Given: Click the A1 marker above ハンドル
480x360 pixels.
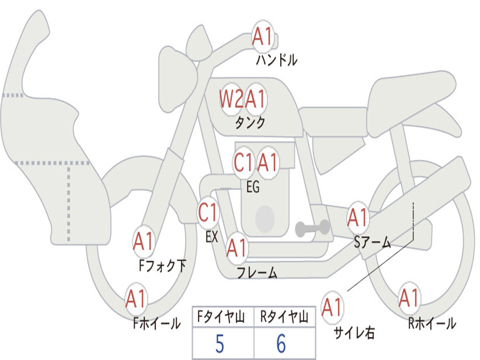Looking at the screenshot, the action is [x=262, y=37].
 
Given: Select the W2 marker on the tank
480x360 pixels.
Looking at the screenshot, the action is [x=231, y=99].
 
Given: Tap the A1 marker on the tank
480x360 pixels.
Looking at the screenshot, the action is [x=256, y=99].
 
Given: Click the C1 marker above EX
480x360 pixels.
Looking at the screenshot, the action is [x=208, y=213].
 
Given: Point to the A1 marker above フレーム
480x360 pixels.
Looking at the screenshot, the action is [x=237, y=247].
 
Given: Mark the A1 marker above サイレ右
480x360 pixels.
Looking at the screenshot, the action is [x=332, y=308].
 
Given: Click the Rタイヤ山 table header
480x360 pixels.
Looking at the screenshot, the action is [x=284, y=318].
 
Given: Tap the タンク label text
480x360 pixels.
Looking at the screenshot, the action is [x=250, y=123].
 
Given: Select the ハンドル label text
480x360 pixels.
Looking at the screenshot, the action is [x=277, y=60].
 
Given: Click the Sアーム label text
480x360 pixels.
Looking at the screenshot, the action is [x=373, y=242].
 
